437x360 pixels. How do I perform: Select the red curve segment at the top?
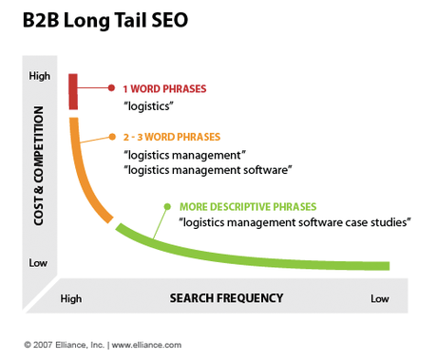[x=72, y=89]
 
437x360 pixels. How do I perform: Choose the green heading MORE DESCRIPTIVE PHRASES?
[x=248, y=206]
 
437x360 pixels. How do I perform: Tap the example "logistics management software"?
[x=207, y=169]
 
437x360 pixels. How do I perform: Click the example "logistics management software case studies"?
[x=294, y=222]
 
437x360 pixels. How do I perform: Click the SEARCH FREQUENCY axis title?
[x=226, y=298]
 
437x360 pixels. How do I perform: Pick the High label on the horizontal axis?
[x=71, y=298]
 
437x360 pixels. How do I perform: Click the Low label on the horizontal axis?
[x=380, y=298]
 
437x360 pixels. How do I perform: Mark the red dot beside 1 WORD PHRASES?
[x=111, y=88]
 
